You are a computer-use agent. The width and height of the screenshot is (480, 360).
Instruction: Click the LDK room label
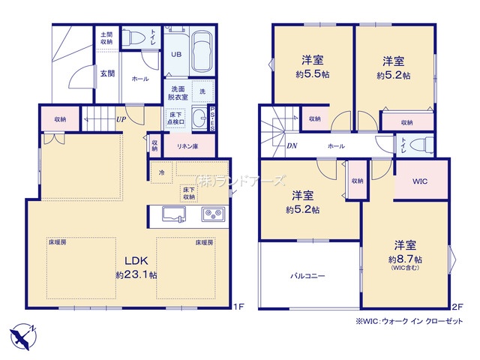(x=136, y=261)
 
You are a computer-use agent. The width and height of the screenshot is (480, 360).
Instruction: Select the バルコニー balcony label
(x=307, y=275)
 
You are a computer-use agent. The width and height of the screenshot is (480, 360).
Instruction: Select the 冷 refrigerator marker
(x=161, y=173)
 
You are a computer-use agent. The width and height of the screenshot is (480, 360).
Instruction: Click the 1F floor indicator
(x=238, y=307)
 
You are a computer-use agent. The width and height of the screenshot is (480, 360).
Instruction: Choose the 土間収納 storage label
(x=106, y=37)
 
